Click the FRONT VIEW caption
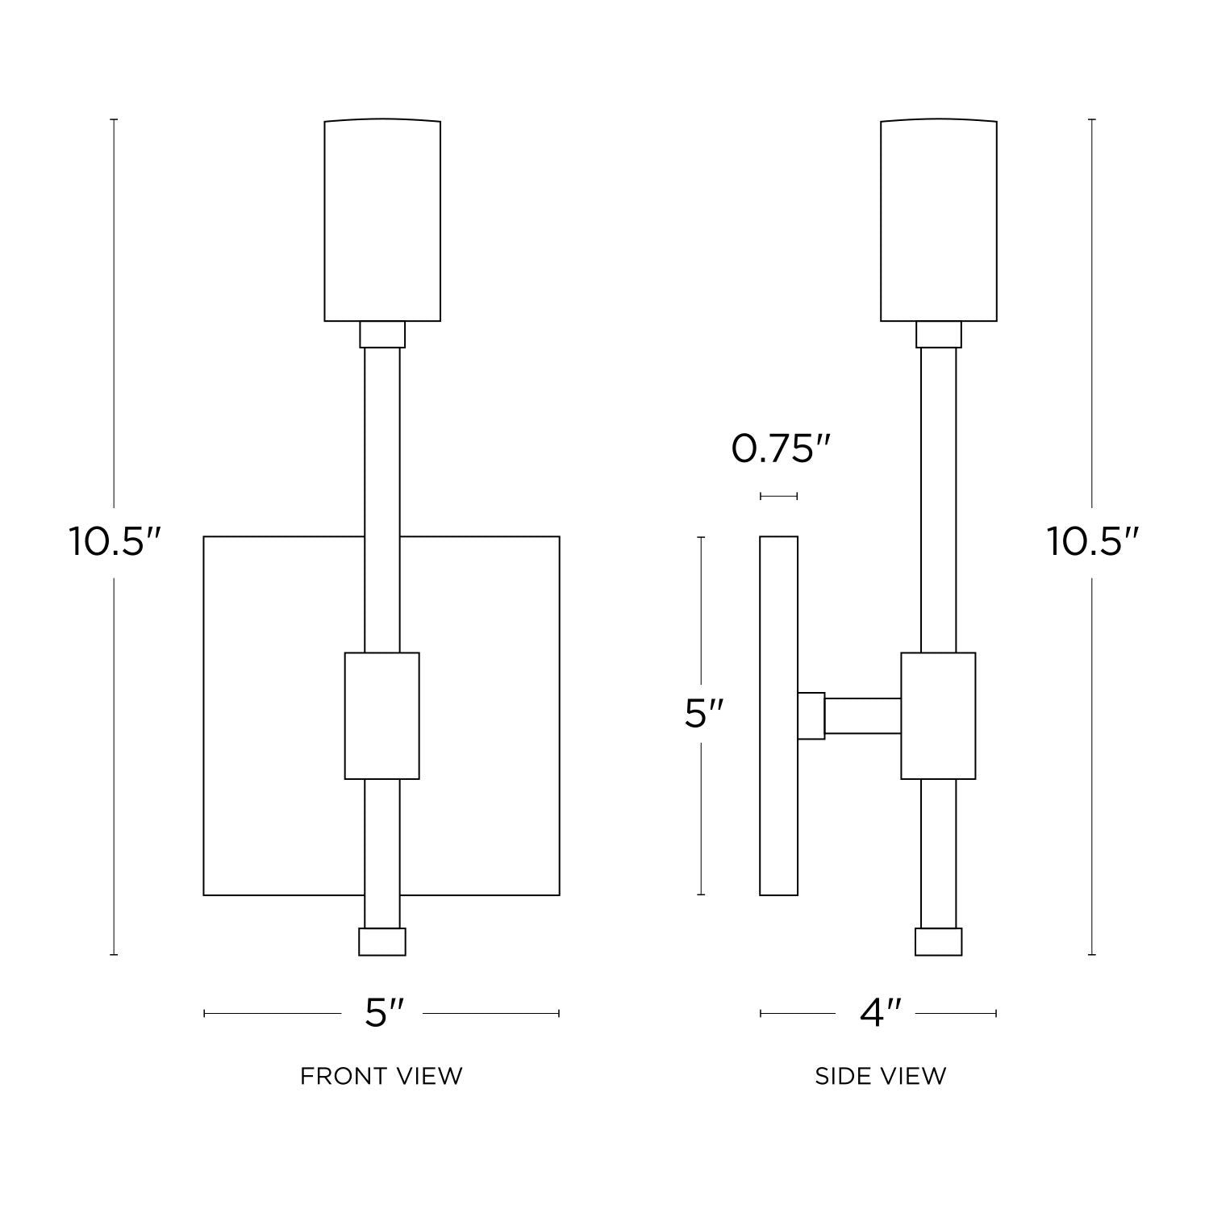coord(381,1076)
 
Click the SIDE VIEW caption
coord(881,1076)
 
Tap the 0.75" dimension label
coord(781,448)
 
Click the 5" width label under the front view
coord(384,1013)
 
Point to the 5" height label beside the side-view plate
coord(703,714)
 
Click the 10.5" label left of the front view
coord(115,541)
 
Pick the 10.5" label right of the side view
coord(1094,541)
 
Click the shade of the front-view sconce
coord(382,220)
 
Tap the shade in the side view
coord(939,220)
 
